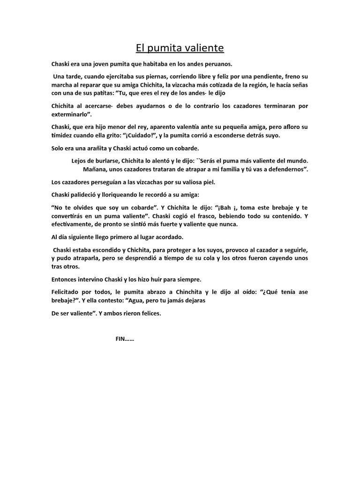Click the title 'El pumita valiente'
(x=180, y=48)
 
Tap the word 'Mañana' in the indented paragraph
(x=95, y=169)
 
